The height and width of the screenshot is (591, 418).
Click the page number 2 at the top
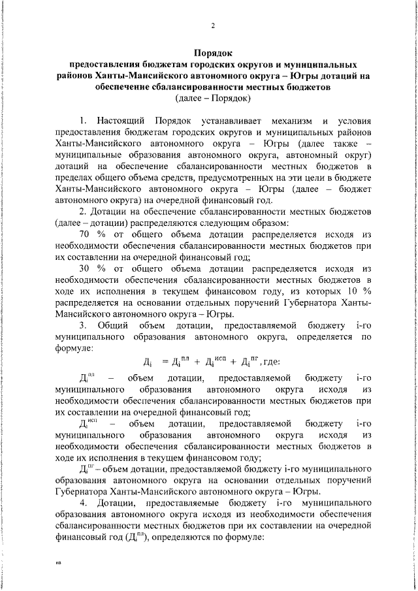(213, 26)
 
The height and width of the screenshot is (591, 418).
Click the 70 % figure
(89, 234)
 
